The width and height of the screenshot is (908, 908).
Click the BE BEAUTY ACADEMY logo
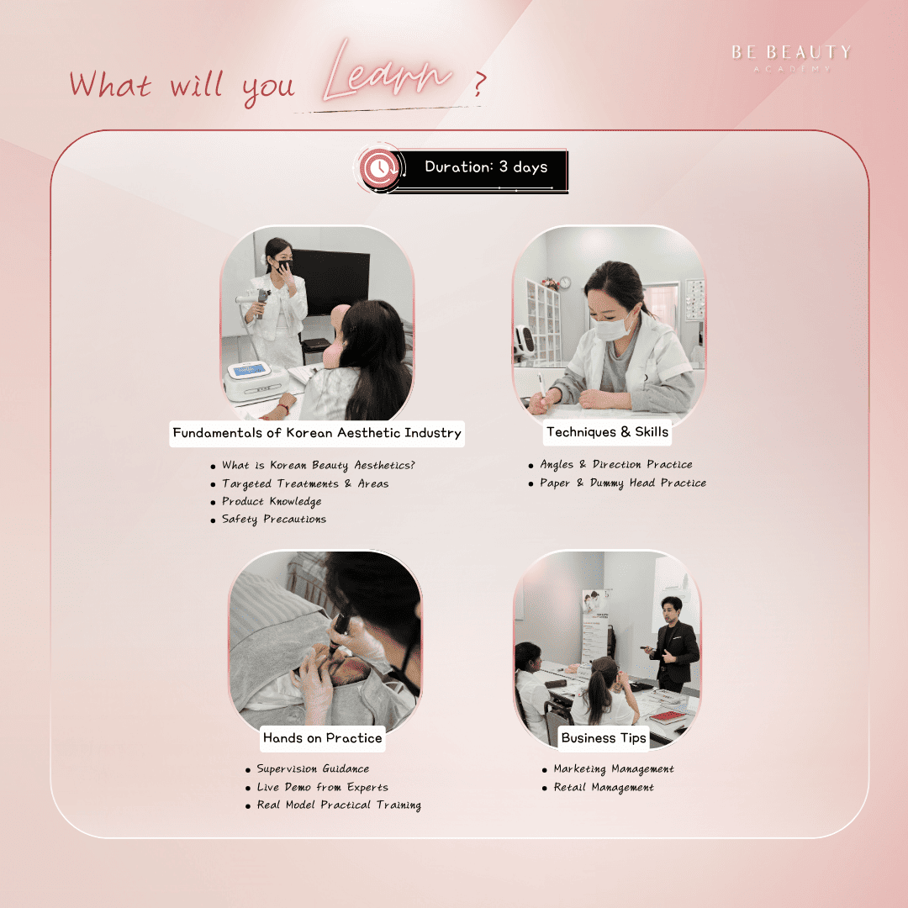(791, 58)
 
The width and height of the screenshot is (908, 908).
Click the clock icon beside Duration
(378, 168)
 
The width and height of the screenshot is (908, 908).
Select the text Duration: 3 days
(486, 166)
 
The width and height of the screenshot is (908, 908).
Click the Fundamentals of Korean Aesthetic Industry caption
(317, 433)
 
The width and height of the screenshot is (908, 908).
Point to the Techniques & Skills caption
(607, 432)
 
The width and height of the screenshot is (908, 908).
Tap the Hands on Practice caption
(323, 738)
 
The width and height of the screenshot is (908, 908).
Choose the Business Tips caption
(604, 738)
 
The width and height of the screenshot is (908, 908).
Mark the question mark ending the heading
(479, 84)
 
